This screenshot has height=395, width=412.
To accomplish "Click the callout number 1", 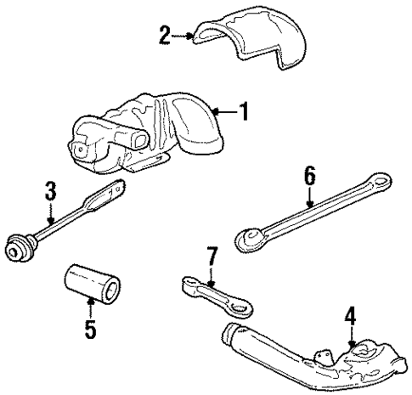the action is tap(244, 111).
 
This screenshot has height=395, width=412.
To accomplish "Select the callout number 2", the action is tap(165, 35).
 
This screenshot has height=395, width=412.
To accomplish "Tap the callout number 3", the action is tap(51, 191).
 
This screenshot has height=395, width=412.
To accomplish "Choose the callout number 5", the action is tap(91, 328).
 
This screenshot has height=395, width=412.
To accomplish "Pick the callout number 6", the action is tap(310, 176).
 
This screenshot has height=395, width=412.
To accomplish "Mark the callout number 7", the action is tap(212, 256).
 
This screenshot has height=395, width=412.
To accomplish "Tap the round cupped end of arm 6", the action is tap(251, 239).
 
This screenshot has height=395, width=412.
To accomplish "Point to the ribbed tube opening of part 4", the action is tap(230, 332).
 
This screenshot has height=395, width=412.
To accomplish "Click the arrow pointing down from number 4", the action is tap(352, 336).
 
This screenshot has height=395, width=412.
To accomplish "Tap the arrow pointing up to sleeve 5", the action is tap(90, 308).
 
